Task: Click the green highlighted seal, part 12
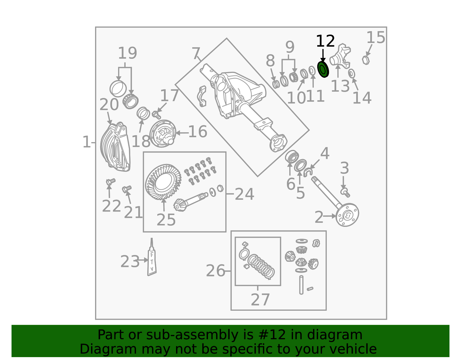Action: coord(323,69)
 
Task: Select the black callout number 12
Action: coord(325,41)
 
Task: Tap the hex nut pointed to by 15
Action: coord(366,60)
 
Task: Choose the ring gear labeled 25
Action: coord(163,182)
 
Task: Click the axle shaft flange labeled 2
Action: coord(347,215)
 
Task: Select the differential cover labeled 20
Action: coord(115,147)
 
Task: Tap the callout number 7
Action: coord(196,53)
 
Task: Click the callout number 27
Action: coord(260,299)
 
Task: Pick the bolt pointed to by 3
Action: coord(345,193)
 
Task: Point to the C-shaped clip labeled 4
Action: coord(308,172)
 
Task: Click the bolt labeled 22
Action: coord(111,182)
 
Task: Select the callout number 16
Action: coord(198,132)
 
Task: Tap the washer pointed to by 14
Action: coord(352,73)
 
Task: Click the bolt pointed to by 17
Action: coord(156,115)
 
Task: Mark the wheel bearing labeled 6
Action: coord(292,157)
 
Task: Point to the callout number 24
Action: coord(244,194)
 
